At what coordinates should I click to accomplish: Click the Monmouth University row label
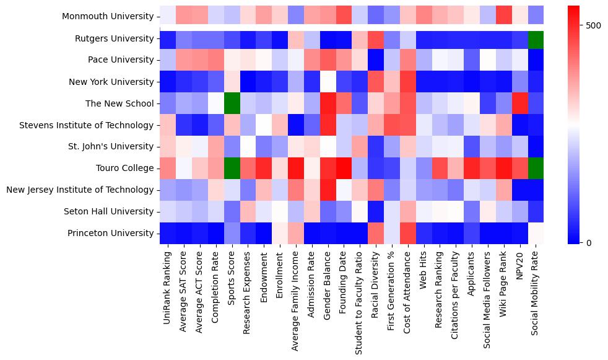click(108, 17)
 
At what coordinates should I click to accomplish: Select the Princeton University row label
click(111, 233)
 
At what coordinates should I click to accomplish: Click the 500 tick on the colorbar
click(593, 25)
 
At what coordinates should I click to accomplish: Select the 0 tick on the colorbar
click(588, 242)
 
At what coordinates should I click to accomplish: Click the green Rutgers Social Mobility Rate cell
click(536, 38)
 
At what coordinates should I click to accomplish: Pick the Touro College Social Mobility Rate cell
click(536, 168)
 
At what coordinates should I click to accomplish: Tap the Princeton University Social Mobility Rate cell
click(536, 233)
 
